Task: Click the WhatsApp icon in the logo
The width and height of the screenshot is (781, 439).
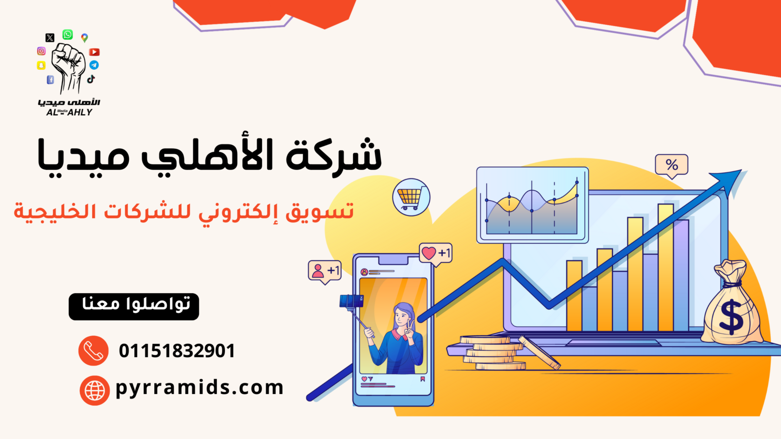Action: [x=68, y=35]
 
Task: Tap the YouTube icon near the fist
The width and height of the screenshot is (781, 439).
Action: [x=95, y=52]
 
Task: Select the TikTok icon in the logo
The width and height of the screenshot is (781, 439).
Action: [x=91, y=79]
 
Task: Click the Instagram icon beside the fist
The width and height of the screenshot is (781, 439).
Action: [x=41, y=51]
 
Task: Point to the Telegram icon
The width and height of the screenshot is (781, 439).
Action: [x=94, y=65]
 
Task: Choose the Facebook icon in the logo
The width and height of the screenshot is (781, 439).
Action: [x=51, y=80]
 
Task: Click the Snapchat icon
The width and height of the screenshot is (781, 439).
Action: [x=41, y=65]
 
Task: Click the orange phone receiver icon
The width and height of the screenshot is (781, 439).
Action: [x=93, y=351]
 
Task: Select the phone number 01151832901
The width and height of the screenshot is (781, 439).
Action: [x=177, y=351]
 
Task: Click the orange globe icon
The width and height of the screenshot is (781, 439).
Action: [x=95, y=390]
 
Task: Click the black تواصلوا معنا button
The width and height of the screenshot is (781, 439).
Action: [x=134, y=307]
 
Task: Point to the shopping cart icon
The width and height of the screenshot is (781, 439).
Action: [x=411, y=198]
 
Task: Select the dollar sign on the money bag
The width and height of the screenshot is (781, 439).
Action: [x=731, y=318]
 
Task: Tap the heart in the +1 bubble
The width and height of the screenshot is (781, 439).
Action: [x=429, y=253]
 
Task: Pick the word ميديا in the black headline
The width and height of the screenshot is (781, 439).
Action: [x=83, y=157]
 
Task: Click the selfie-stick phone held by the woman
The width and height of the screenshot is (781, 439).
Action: [x=351, y=301]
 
